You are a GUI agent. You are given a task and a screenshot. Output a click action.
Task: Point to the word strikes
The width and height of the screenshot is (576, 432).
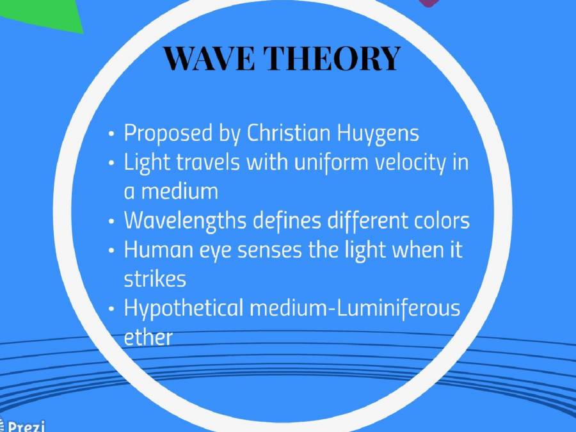click(x=155, y=279)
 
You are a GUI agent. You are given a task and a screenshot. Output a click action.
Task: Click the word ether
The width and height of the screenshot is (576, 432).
click(x=148, y=337)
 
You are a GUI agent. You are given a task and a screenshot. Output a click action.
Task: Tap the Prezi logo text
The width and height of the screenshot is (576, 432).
click(x=24, y=426)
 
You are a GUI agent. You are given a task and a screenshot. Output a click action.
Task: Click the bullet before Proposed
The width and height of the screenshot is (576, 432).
click(x=112, y=134)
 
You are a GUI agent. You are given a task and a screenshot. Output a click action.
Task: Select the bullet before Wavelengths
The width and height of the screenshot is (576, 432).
click(x=112, y=221)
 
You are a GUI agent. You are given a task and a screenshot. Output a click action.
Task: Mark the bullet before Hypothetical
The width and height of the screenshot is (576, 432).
click(x=112, y=309)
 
